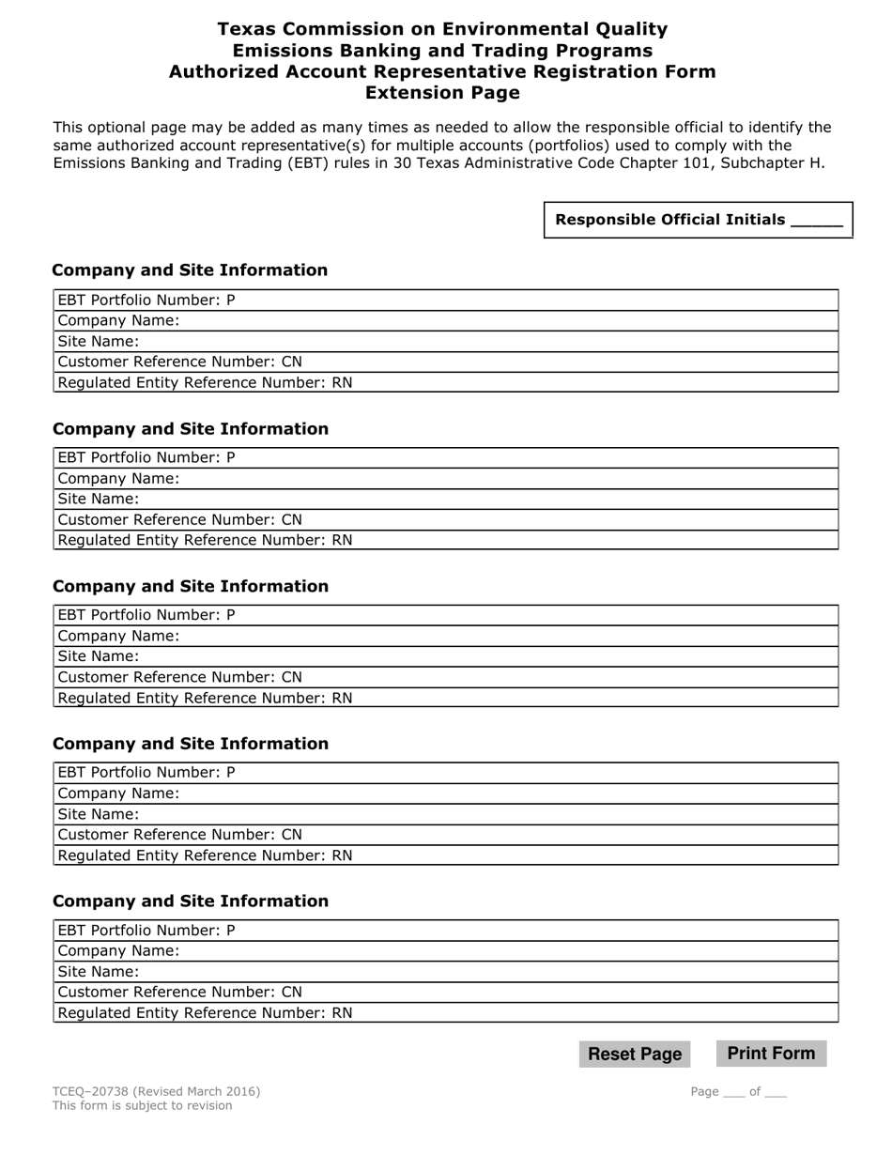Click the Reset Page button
click(x=635, y=1054)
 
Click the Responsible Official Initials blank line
click(x=817, y=221)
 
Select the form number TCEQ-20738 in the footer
click(x=92, y=1091)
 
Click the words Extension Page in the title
click(x=441, y=93)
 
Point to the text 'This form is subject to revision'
click(x=142, y=1105)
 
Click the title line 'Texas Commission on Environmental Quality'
click(x=441, y=30)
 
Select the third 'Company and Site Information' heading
click(x=191, y=586)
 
